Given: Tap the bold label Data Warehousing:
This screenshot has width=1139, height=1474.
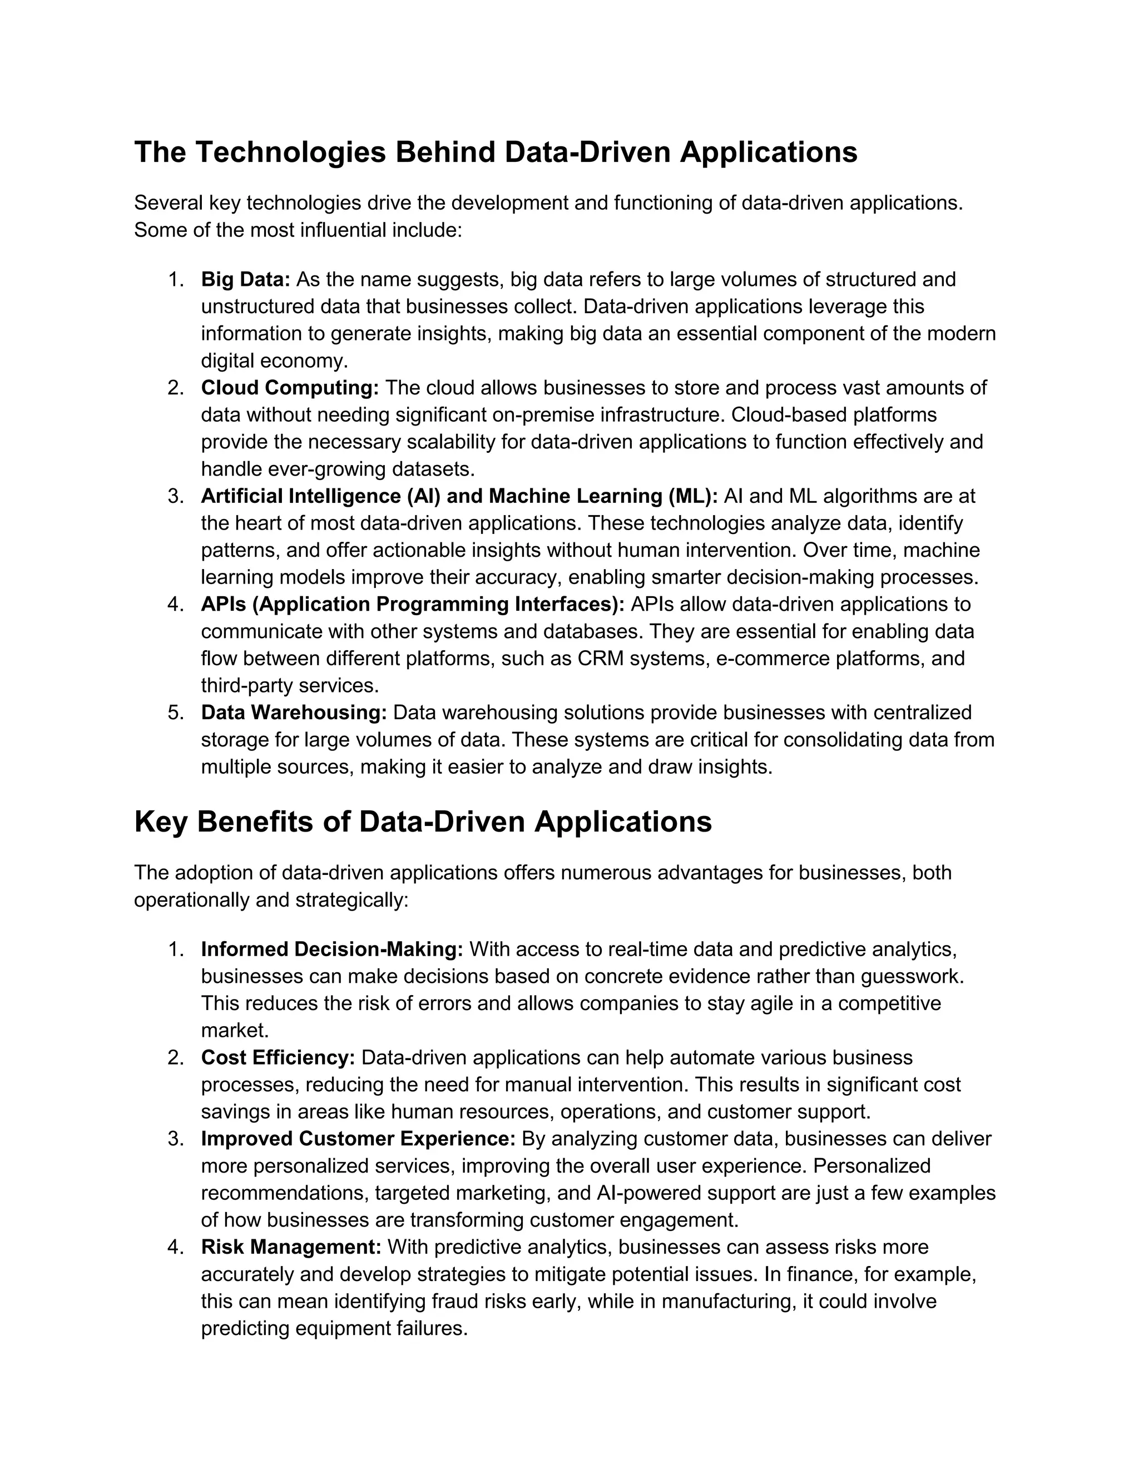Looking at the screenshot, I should coord(294,713).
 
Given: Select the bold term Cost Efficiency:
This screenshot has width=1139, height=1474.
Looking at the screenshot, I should coord(278,1057).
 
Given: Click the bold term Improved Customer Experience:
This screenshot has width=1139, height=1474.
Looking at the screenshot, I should coord(358,1139).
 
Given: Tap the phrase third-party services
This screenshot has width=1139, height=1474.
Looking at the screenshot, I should coord(289,686).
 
